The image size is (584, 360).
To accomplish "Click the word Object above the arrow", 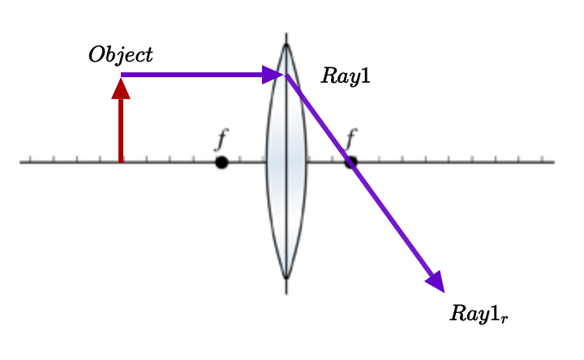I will point(121,55).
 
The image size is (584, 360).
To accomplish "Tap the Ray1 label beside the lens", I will point(346,76).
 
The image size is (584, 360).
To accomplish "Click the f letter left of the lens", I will point(221,139).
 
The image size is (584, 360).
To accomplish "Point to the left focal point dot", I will point(221,162).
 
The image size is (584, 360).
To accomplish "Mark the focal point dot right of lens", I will point(350,162).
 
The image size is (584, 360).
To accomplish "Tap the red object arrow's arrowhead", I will point(121,88).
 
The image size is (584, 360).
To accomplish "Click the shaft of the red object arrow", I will point(121,130).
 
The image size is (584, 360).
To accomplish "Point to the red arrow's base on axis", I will point(121,161).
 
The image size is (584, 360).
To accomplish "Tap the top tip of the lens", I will point(286,45).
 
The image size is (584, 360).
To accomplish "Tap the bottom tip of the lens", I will point(286,278).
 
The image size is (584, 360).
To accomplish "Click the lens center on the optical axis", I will point(286,162).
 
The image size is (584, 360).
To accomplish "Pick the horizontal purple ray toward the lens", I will point(195,75).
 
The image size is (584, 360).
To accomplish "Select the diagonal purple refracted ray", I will point(357,174).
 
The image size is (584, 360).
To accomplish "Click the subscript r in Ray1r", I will point(505,318).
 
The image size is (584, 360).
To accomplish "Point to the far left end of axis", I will point(21,162).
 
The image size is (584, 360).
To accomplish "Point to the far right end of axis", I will point(553,162).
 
